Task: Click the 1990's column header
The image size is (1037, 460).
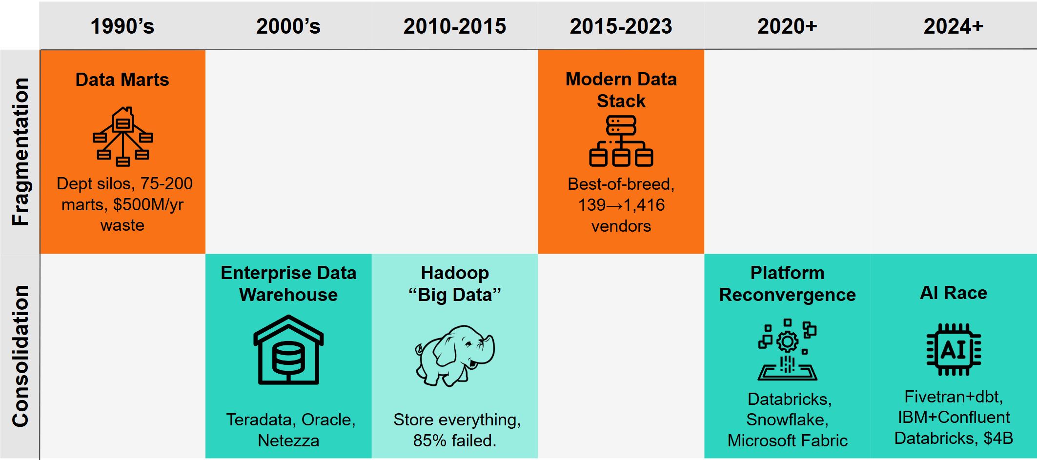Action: pyautogui.click(x=122, y=26)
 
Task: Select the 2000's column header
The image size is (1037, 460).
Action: pyautogui.click(x=288, y=26)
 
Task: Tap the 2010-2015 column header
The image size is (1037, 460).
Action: pyautogui.click(x=455, y=26)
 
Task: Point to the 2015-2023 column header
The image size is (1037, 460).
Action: pyautogui.click(x=621, y=26)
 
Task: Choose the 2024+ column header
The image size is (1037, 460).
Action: pyautogui.click(x=953, y=26)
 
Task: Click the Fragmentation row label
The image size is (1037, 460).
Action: pyautogui.click(x=20, y=151)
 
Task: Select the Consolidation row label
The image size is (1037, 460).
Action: pyautogui.click(x=20, y=356)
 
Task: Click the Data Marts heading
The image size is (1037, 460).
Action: pyautogui.click(x=122, y=80)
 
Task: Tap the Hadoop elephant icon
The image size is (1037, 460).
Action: pyautogui.click(x=455, y=355)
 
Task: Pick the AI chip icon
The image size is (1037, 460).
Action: pyautogui.click(x=954, y=349)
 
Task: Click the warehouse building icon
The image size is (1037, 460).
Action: pyautogui.click(x=288, y=350)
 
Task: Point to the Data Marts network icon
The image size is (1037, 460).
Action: pyautogui.click(x=123, y=136)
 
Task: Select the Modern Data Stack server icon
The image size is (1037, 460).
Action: pyautogui.click(x=621, y=141)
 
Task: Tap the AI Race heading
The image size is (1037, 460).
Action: pyautogui.click(x=954, y=293)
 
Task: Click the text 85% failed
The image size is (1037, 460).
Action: pyautogui.click(x=454, y=440)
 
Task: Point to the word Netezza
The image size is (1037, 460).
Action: pyautogui.click(x=288, y=440)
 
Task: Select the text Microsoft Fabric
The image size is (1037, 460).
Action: pyautogui.click(x=787, y=440)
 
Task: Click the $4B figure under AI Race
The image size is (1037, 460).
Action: pyautogui.click(x=998, y=438)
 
